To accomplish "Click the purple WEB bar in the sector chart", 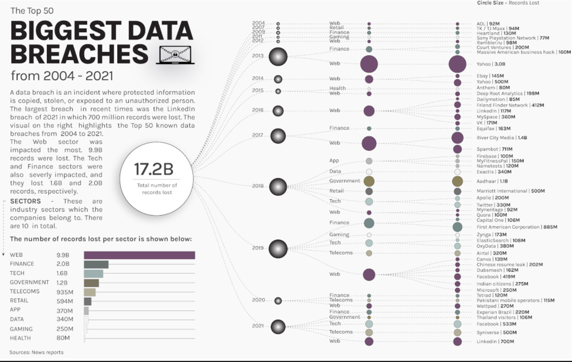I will (x=139, y=255).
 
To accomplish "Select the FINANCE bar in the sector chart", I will (x=96, y=264).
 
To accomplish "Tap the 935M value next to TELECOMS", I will (x=65, y=292).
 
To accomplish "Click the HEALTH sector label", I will (x=20, y=338).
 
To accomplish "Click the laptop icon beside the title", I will (x=176, y=54).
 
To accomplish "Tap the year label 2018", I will (x=258, y=186).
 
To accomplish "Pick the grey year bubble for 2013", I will (x=278, y=56).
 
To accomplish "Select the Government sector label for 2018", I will (x=345, y=181).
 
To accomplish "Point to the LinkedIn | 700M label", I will (x=495, y=341).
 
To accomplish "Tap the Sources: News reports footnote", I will (x=36, y=352).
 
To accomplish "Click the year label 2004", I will (x=258, y=23).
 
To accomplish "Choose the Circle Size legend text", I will (x=508, y=3).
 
